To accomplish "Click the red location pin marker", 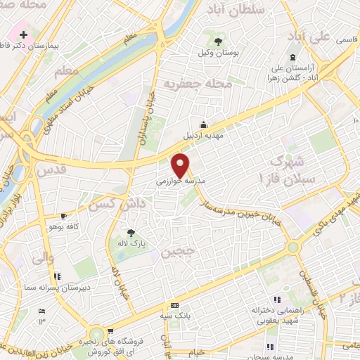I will (181, 165).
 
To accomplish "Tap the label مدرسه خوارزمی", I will (179, 181).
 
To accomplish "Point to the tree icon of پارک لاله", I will (131, 232).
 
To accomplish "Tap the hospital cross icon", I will (24, 34).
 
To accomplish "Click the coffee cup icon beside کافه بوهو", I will (64, 217).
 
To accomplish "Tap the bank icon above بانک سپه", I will (174, 306).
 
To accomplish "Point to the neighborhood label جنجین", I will (176, 252).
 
